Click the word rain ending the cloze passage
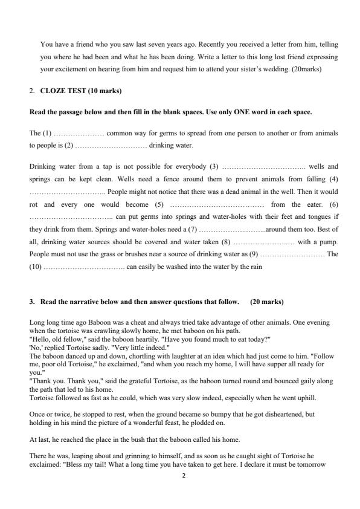(256, 267)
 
